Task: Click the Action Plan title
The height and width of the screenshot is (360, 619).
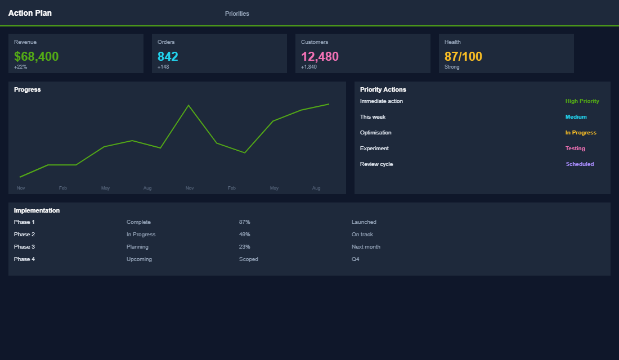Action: [30, 13]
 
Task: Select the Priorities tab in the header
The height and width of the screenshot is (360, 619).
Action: [237, 13]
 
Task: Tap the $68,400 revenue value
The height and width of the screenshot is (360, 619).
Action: [36, 56]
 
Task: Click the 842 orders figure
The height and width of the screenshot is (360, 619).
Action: [168, 56]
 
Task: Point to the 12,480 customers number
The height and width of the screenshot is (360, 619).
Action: [320, 56]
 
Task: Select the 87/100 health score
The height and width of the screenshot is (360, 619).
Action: [463, 56]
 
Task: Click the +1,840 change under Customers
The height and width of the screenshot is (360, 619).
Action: [309, 67]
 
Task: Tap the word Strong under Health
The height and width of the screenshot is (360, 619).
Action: [452, 67]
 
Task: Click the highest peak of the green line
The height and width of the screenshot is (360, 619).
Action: [189, 105]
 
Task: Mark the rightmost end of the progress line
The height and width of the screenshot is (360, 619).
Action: [329, 104]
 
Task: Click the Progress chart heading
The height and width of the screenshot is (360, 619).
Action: [28, 89]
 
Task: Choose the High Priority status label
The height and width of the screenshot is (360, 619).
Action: [582, 101]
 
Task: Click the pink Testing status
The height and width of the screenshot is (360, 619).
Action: [575, 148]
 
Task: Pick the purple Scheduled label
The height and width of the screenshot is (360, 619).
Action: [580, 164]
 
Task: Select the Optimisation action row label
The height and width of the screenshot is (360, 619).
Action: [375, 133]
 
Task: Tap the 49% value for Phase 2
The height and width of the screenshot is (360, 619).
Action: [244, 235]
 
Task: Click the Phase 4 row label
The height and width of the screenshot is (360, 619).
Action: [24, 259]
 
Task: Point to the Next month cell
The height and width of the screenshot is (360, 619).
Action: [366, 247]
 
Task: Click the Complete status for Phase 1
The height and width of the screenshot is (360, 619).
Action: [138, 222]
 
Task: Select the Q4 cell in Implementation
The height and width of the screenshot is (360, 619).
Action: [355, 259]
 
